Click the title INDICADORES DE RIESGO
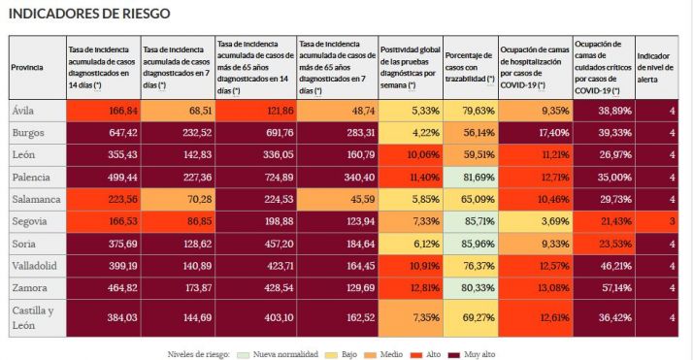click(x=89, y=15)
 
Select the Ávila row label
click(x=24, y=111)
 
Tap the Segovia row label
click(x=30, y=221)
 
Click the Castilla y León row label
click(x=31, y=316)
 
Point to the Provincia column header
click(x=26, y=67)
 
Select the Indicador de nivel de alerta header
click(x=657, y=67)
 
